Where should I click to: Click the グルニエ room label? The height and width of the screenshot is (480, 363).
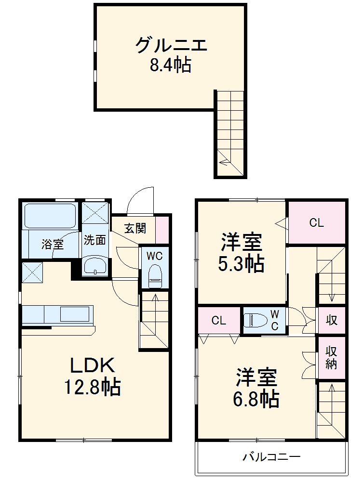[x=171, y=46]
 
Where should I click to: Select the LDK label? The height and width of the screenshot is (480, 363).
[x=93, y=366]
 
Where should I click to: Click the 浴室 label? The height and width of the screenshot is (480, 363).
[x=52, y=244]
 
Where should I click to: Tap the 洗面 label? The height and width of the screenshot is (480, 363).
[x=94, y=240]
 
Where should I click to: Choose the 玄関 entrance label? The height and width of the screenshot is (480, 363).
[x=135, y=228]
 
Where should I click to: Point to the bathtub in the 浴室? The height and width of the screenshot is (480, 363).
[x=50, y=216]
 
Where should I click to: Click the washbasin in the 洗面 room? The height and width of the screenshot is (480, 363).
[x=95, y=267]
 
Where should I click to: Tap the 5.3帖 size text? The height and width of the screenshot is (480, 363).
[x=242, y=263]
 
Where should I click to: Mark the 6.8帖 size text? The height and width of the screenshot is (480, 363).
[x=256, y=399]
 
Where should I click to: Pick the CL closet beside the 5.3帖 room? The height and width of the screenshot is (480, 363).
[x=317, y=223]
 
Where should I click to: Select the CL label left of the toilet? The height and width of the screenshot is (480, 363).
[x=219, y=321]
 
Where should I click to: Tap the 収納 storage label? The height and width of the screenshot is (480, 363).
[x=331, y=358]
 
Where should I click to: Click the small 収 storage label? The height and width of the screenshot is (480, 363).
[x=331, y=320]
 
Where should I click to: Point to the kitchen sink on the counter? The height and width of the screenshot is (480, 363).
[x=74, y=316]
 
